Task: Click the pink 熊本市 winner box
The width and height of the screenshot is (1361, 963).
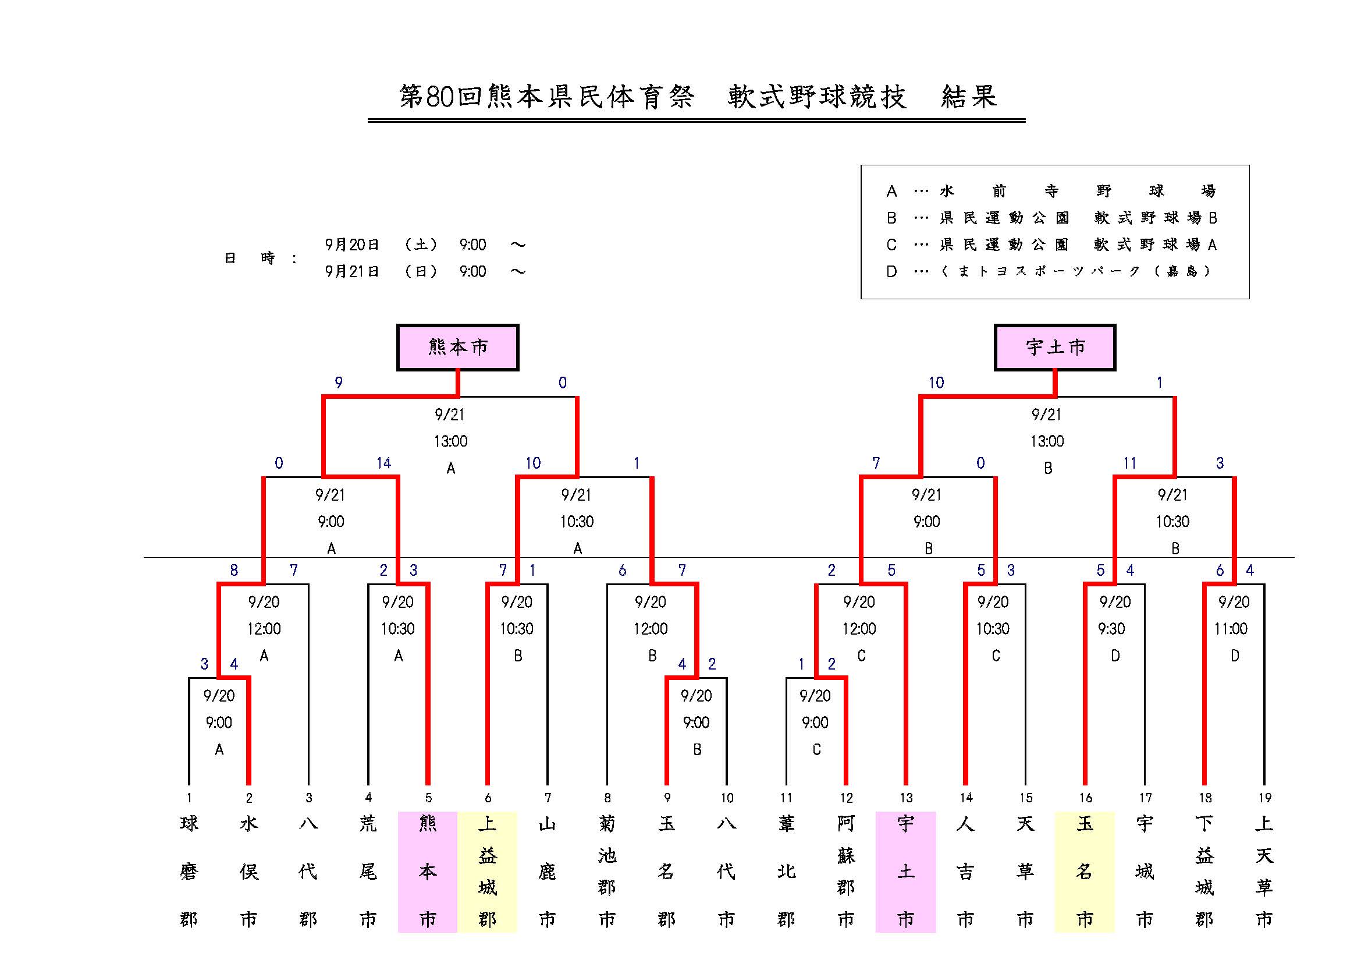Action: point(457,347)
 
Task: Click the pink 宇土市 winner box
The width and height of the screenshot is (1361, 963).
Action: point(1054,347)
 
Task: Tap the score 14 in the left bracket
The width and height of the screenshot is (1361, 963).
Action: point(383,463)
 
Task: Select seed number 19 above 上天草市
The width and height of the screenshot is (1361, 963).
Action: point(1264,798)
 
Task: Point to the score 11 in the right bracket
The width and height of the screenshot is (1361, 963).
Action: point(1129,463)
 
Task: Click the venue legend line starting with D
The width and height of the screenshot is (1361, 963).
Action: point(1050,271)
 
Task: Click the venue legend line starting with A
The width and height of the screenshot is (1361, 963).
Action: point(1050,191)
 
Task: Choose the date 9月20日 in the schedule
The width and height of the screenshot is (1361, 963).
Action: point(351,245)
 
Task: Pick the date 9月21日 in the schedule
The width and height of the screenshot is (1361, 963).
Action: point(351,271)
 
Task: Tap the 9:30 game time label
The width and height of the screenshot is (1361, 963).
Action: point(1111,629)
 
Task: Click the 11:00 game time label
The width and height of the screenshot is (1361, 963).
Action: point(1231,629)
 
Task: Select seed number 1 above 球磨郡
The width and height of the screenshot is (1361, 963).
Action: point(189,798)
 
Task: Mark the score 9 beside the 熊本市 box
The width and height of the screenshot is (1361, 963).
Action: point(339,383)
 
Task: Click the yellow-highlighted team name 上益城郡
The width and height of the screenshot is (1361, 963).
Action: point(487,871)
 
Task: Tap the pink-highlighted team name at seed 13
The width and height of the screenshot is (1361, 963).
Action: point(906,871)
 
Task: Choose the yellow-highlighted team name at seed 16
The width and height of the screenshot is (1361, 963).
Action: point(1085,871)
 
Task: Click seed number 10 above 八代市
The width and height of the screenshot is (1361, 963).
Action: point(727,798)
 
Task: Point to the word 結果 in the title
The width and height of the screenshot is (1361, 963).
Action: point(969,97)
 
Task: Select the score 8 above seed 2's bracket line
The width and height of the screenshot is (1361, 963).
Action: point(234,571)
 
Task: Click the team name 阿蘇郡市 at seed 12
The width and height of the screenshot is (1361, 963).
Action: point(846,871)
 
